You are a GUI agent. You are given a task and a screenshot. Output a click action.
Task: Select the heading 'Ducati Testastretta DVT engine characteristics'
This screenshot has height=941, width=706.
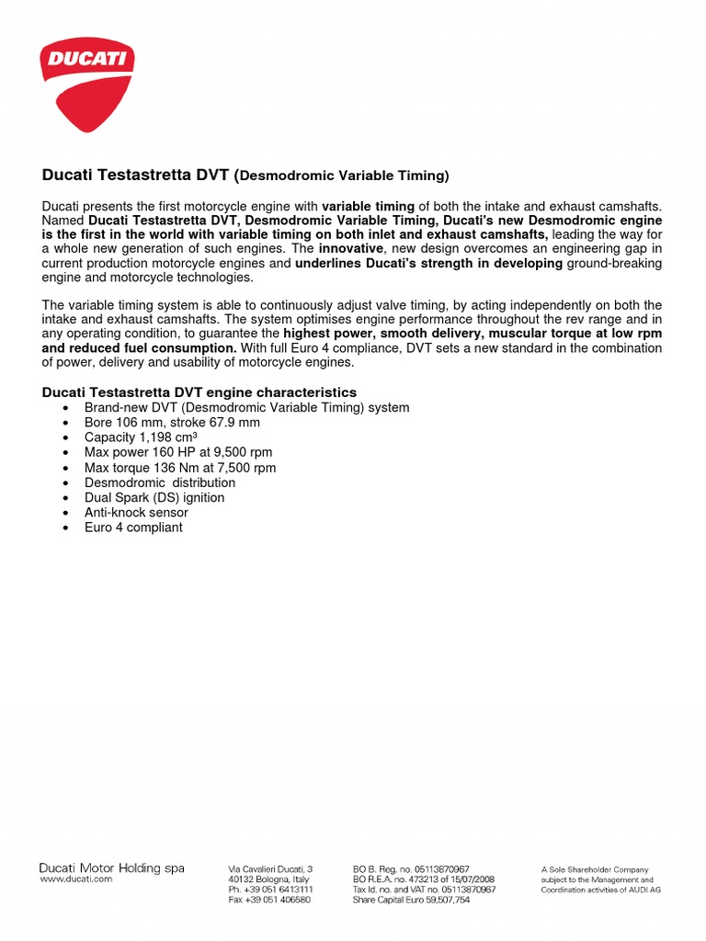pos(199,392)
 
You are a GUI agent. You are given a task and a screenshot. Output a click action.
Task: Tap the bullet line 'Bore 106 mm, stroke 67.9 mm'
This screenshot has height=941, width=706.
pos(172,423)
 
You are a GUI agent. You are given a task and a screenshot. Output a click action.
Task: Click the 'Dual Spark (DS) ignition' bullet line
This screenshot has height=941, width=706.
pos(154,497)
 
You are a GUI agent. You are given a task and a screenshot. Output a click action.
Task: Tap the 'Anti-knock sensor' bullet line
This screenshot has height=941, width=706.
pos(136,513)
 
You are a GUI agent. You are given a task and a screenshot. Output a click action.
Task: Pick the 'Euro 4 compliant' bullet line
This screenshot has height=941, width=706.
pos(133,527)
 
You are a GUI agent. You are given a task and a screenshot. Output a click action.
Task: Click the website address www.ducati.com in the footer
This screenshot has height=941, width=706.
pos(75,879)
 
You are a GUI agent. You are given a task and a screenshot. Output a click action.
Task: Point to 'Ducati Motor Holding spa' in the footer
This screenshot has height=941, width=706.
pos(111,867)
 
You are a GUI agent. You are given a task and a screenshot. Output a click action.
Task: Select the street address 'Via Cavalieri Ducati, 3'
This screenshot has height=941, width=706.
pos(270,868)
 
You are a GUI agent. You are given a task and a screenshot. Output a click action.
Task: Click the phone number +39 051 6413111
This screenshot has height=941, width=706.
pos(270,890)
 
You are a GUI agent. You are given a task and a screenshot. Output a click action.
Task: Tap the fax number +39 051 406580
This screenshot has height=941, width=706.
pos(269,901)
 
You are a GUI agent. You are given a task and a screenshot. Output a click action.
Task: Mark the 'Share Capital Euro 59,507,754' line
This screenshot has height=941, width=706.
pos(411,901)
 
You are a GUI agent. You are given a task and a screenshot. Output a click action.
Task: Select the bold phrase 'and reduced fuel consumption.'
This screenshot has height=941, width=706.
pos(140,348)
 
